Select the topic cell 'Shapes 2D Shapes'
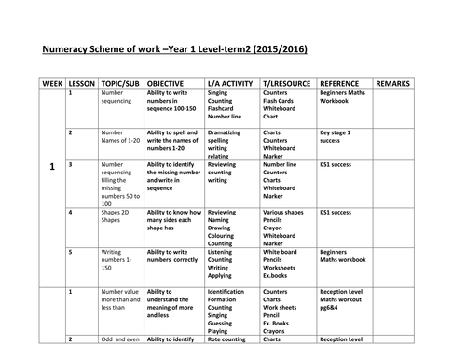(118, 216)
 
